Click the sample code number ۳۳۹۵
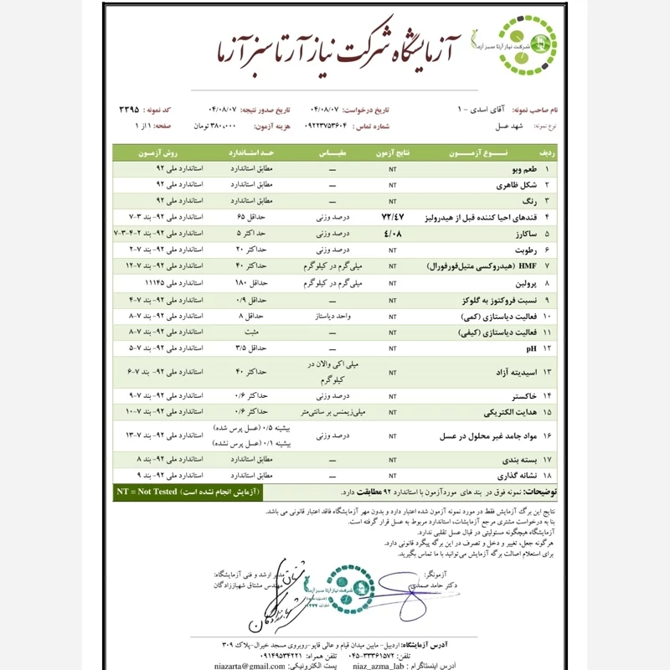129,110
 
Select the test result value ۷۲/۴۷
393,216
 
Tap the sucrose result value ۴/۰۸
393,233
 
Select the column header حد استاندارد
251,153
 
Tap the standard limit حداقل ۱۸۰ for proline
251,282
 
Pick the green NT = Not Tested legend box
188,492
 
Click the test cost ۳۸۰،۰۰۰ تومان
213,126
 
